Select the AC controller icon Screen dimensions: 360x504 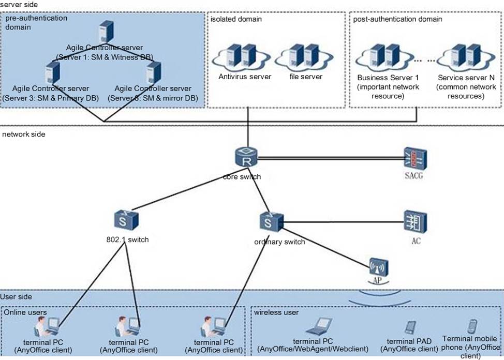(x=416, y=222)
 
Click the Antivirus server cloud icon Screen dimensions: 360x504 (x=245, y=57)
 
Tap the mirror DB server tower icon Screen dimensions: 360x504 (x=153, y=72)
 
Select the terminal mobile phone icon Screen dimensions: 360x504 (x=471, y=327)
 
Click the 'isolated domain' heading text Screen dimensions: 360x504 (x=236, y=19)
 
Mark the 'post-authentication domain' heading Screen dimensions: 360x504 (x=397, y=19)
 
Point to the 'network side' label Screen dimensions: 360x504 (x=24, y=134)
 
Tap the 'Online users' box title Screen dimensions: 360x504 (x=25, y=312)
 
